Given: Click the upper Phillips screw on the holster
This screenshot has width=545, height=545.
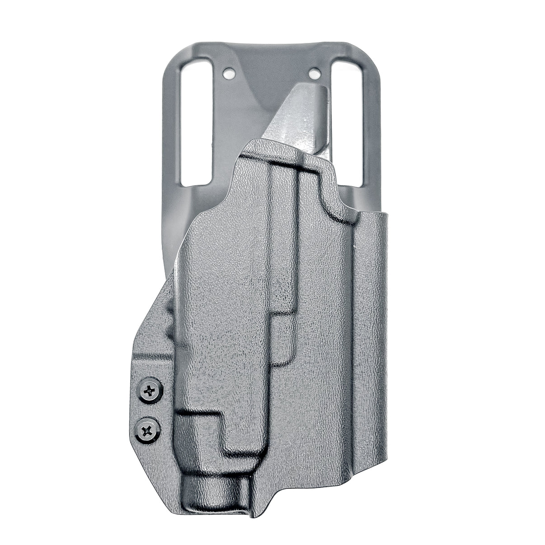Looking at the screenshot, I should point(150,390).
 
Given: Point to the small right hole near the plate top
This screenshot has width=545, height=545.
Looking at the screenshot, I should point(315,71).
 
